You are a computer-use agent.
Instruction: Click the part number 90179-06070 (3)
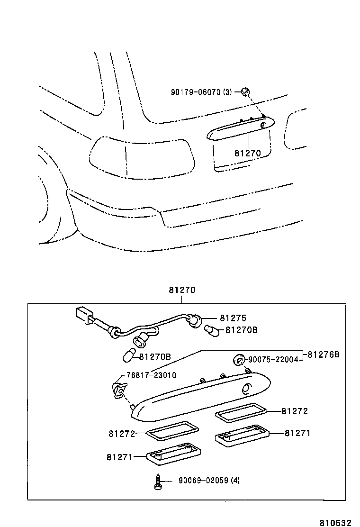201,92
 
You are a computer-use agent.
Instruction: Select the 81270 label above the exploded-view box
181,291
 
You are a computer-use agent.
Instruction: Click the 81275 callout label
233,318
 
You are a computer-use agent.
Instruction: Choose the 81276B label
324,354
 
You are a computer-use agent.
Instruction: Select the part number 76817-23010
151,375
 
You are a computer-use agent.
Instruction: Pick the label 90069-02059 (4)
209,480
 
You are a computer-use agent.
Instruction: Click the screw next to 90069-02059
158,482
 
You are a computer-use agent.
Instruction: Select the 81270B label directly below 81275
241,330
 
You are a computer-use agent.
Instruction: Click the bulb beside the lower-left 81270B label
129,354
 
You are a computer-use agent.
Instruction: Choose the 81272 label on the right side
294,411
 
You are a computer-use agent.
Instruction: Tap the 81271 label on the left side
119,457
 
